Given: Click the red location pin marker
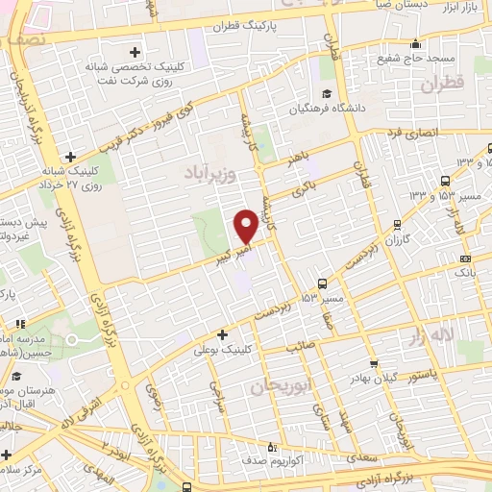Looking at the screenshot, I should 246,226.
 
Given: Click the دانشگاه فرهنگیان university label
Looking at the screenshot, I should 362,108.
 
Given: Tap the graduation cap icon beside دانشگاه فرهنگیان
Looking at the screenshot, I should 328,94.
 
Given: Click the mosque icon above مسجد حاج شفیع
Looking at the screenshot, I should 415,42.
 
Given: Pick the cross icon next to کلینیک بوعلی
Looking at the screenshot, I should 223,335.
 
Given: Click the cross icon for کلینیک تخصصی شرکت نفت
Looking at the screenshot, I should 134,51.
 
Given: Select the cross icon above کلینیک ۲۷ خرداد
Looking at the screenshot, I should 70,157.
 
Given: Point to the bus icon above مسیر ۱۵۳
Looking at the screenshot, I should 322,283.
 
